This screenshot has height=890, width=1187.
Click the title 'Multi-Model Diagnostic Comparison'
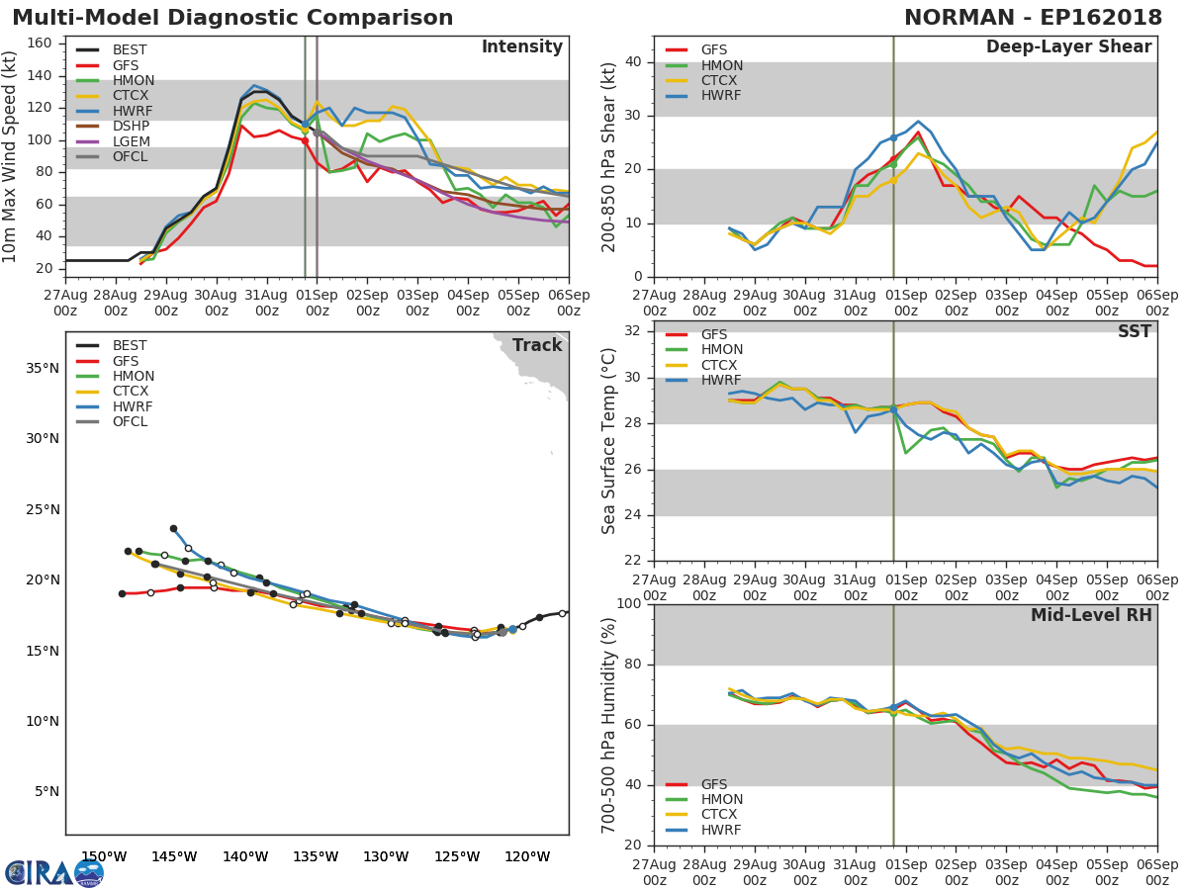[232, 18]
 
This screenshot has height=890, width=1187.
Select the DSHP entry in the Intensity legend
[130, 127]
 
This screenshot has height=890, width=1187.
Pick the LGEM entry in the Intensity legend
[130, 141]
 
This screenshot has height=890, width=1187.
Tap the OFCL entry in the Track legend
[131, 421]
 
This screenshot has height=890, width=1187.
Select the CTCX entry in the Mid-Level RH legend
[721, 815]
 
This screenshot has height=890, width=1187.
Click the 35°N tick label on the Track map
[42, 369]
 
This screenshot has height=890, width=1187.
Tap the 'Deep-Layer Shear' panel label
[1068, 47]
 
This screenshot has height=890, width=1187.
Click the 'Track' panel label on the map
[536, 345]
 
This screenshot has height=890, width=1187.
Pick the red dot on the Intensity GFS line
[305, 140]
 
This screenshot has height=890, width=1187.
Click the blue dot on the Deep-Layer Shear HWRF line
[893, 137]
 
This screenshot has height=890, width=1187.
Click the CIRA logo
[54, 872]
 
